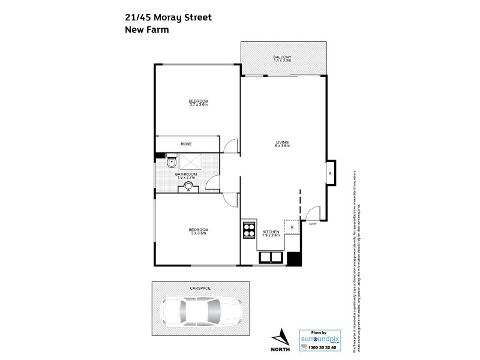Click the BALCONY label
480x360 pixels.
[x=281, y=58]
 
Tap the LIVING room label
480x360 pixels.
[x=282, y=143]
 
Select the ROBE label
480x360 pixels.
[x=186, y=145]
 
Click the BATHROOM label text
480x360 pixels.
[x=187, y=173]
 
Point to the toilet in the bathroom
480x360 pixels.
[x=172, y=161]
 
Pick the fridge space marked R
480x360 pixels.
[x=291, y=227]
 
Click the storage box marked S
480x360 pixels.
[x=331, y=174]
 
